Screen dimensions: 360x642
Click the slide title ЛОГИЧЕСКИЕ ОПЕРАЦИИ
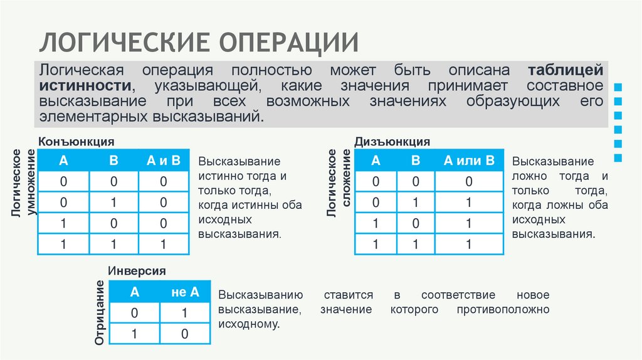coord(200,41)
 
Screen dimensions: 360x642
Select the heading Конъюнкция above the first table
coord(76,142)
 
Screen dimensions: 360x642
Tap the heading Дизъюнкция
coord(392,142)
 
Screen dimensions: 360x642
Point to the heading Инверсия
coord(137,271)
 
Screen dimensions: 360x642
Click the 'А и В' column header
coord(164,161)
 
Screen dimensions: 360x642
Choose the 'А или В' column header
coord(469,161)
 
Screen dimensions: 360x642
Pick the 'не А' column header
coord(185,292)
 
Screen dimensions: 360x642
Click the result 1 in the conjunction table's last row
coord(164,244)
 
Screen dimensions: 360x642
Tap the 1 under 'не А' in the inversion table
coord(185,313)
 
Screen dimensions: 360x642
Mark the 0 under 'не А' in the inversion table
coord(185,334)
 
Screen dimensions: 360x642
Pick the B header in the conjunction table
coord(113,161)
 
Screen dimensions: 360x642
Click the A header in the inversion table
coord(134,292)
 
